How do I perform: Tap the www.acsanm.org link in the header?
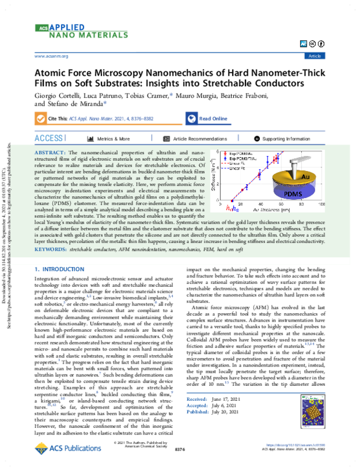52,55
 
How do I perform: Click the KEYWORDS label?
51,248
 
